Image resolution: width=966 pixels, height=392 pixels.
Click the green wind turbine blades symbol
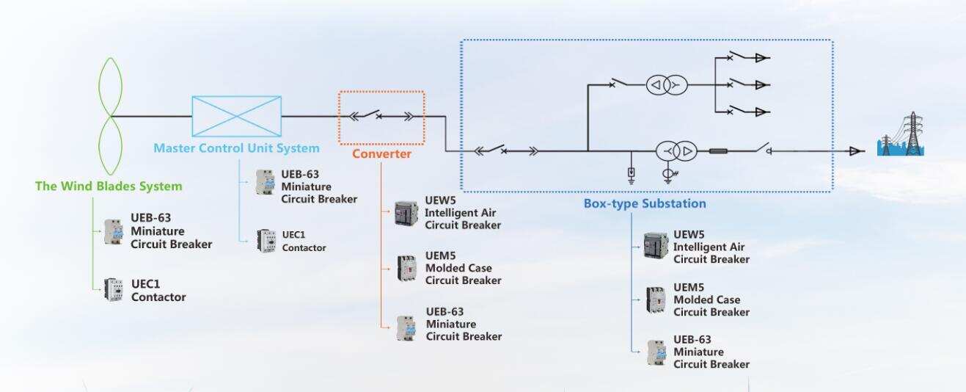click(110, 115)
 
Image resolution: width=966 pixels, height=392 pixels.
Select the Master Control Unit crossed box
click(236, 116)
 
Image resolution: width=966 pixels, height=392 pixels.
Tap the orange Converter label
click(381, 154)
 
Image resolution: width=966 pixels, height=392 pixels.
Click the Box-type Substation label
click(645, 203)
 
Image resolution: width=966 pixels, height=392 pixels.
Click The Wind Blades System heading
click(109, 186)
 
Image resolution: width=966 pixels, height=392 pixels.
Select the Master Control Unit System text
click(236, 148)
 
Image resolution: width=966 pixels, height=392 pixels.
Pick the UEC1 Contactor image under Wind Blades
click(113, 291)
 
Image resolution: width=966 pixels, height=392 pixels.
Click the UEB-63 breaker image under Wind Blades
click(114, 231)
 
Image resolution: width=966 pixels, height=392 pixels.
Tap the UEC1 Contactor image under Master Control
click(266, 241)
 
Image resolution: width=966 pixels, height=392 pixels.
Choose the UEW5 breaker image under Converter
click(406, 213)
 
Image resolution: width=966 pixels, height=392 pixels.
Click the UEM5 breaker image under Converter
click(406, 267)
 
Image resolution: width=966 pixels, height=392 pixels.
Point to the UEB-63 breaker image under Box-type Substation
click(656, 352)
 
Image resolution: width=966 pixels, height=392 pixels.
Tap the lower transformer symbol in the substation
click(676, 152)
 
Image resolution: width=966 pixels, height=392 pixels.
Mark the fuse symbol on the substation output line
click(718, 152)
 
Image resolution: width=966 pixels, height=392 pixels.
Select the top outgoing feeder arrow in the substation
click(761, 57)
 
